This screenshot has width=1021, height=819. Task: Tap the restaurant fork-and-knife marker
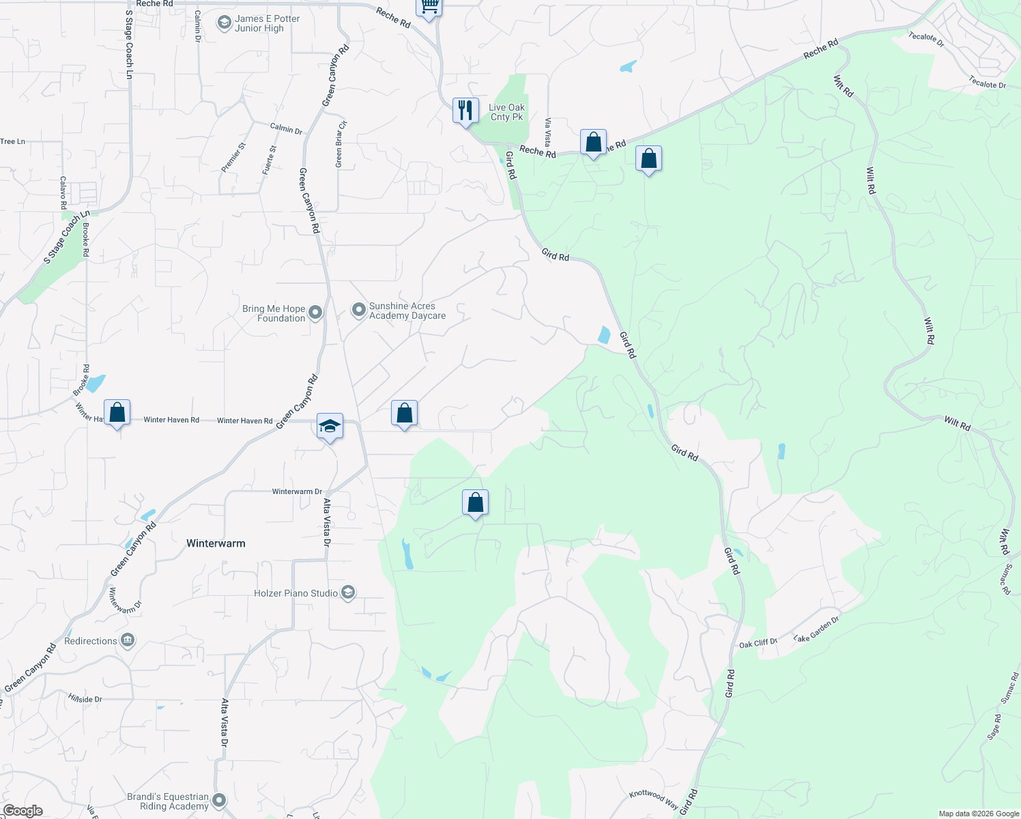(465, 111)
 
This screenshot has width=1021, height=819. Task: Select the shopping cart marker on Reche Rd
(429, 7)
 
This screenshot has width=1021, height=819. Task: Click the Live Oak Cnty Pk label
(506, 112)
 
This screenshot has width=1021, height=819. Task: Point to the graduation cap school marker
(330, 427)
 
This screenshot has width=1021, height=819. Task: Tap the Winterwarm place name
(216, 543)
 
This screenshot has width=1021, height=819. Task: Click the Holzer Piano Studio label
(296, 593)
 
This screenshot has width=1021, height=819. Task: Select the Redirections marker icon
(128, 641)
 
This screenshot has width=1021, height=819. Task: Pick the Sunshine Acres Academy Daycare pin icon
(358, 311)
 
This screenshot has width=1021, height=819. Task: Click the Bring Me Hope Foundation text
(274, 313)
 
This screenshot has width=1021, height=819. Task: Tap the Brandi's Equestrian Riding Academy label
(168, 801)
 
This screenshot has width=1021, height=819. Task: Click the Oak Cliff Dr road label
(758, 643)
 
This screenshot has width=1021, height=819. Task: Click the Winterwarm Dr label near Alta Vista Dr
(297, 491)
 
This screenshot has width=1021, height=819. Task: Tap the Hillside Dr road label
(85, 700)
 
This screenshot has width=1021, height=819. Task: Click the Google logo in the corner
(23, 811)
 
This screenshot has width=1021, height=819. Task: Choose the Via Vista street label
(547, 132)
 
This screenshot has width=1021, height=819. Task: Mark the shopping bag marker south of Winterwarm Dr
(475, 503)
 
